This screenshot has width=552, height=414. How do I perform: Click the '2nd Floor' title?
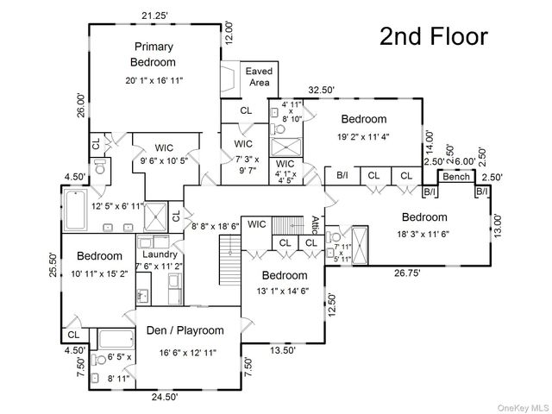[x=434, y=36]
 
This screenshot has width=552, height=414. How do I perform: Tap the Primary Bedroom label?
[x=154, y=54]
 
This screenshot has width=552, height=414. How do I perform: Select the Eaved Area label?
[x=259, y=77]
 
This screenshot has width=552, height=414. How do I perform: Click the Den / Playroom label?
[x=185, y=330]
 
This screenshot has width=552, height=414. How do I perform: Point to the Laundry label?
[x=160, y=254]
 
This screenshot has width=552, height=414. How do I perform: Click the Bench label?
[x=456, y=176]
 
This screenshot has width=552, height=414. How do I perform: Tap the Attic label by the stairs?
[x=315, y=225]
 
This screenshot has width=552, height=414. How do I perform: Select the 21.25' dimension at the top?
[x=155, y=16]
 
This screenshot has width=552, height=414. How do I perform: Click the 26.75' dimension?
[x=407, y=273]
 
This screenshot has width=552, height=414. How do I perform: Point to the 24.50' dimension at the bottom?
[x=165, y=397]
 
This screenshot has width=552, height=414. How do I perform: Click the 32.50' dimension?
[x=321, y=90]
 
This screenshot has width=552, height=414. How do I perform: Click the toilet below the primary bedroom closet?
[x=100, y=167]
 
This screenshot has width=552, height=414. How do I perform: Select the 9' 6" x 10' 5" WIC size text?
[x=164, y=161]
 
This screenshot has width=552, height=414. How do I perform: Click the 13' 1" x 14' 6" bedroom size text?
[x=283, y=292]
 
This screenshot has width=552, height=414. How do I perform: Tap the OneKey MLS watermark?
[x=524, y=408]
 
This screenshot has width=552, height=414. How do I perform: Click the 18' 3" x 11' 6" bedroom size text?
[x=423, y=234]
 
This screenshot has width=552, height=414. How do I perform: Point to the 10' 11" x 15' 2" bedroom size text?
[x=99, y=273]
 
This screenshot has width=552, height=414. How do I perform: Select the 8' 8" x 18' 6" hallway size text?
[x=215, y=226]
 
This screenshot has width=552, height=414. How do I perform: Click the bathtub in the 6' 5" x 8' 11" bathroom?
[x=116, y=339]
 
